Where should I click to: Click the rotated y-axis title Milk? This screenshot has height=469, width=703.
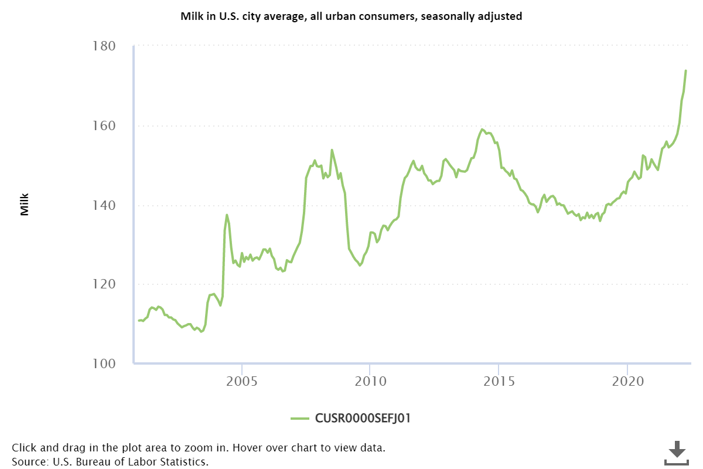[x=25, y=205]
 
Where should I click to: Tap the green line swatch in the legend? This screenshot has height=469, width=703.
[x=299, y=418]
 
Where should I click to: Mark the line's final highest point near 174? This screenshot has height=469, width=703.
[x=685, y=70]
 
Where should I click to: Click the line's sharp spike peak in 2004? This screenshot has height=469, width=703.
[x=227, y=215]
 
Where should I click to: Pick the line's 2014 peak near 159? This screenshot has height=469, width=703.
[x=482, y=130]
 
